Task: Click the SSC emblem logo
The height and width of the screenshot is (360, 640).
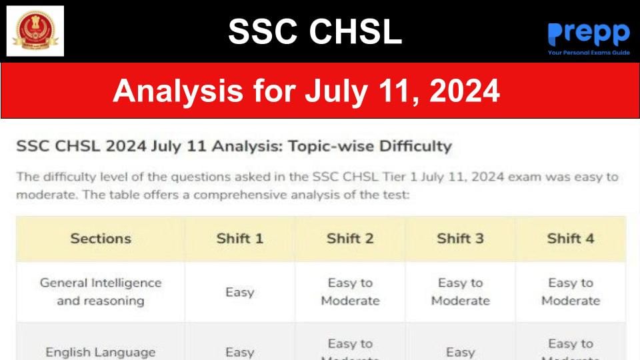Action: (x=35, y=31)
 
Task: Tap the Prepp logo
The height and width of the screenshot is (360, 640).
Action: (x=588, y=33)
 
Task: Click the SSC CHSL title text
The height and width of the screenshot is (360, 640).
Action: (x=315, y=31)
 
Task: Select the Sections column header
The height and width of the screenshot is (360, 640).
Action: (x=101, y=239)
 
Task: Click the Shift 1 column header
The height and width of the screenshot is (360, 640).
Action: (x=240, y=239)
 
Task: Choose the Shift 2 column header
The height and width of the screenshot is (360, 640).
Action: (x=350, y=239)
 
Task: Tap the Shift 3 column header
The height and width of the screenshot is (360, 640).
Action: (x=460, y=239)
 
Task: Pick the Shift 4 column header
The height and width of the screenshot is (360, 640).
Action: (x=571, y=239)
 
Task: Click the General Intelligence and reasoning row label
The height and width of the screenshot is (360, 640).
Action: (x=101, y=291)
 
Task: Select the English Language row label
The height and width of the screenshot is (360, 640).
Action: (x=101, y=352)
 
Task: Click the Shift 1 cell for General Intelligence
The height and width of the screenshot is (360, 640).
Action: (x=240, y=292)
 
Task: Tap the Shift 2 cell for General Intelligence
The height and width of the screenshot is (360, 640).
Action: (x=350, y=291)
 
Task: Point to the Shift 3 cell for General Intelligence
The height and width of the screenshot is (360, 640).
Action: (x=460, y=291)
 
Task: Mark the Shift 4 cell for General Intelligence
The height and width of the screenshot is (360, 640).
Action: (x=571, y=291)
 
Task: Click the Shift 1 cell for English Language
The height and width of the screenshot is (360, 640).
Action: (x=240, y=352)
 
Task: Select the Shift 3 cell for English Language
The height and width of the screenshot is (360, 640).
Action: (x=460, y=352)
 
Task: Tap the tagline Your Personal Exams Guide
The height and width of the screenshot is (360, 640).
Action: (x=588, y=51)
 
